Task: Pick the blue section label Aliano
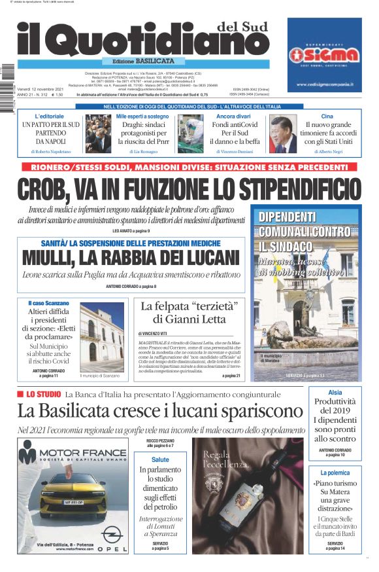[335, 393]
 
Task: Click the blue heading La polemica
[335, 472]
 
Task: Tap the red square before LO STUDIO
[20, 394]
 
